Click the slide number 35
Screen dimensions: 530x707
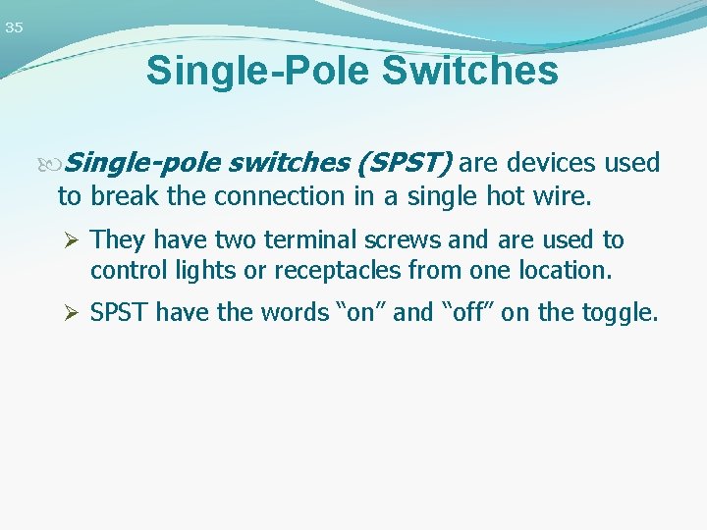tap(14, 27)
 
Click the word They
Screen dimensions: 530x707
tap(118, 240)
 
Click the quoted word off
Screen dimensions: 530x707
tap(466, 313)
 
